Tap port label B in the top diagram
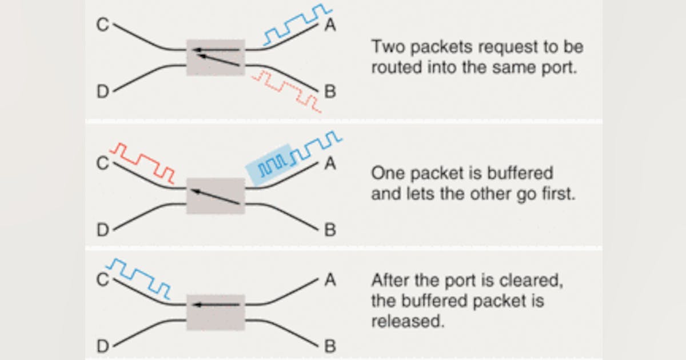click(x=330, y=91)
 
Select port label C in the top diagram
click(x=102, y=25)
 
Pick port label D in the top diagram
click(x=102, y=91)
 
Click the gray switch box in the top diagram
click(x=216, y=57)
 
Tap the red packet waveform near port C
click(x=143, y=162)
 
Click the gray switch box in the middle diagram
click(x=216, y=195)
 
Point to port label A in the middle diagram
click(x=330, y=163)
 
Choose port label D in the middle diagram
click(x=102, y=230)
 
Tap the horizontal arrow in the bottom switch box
click(x=216, y=305)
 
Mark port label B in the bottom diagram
click(x=330, y=346)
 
